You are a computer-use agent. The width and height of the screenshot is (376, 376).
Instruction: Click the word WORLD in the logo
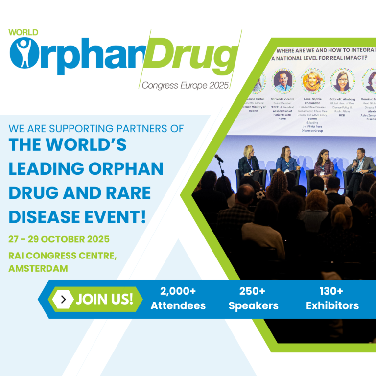coord(23,33)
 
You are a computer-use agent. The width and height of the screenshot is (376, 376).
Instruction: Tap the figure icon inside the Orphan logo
coord(22,54)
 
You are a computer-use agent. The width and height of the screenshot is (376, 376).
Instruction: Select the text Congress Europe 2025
coord(185,85)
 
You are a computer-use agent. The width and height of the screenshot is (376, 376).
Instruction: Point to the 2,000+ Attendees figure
coord(178,298)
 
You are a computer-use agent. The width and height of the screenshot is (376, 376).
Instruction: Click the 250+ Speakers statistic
coord(253,298)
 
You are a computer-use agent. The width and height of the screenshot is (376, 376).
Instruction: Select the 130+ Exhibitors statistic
coord(332,298)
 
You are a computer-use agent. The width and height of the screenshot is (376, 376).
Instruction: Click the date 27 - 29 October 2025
coord(58,240)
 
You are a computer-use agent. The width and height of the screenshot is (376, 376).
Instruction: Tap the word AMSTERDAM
coord(38,268)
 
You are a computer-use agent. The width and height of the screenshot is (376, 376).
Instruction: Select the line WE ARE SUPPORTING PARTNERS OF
coord(96,129)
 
